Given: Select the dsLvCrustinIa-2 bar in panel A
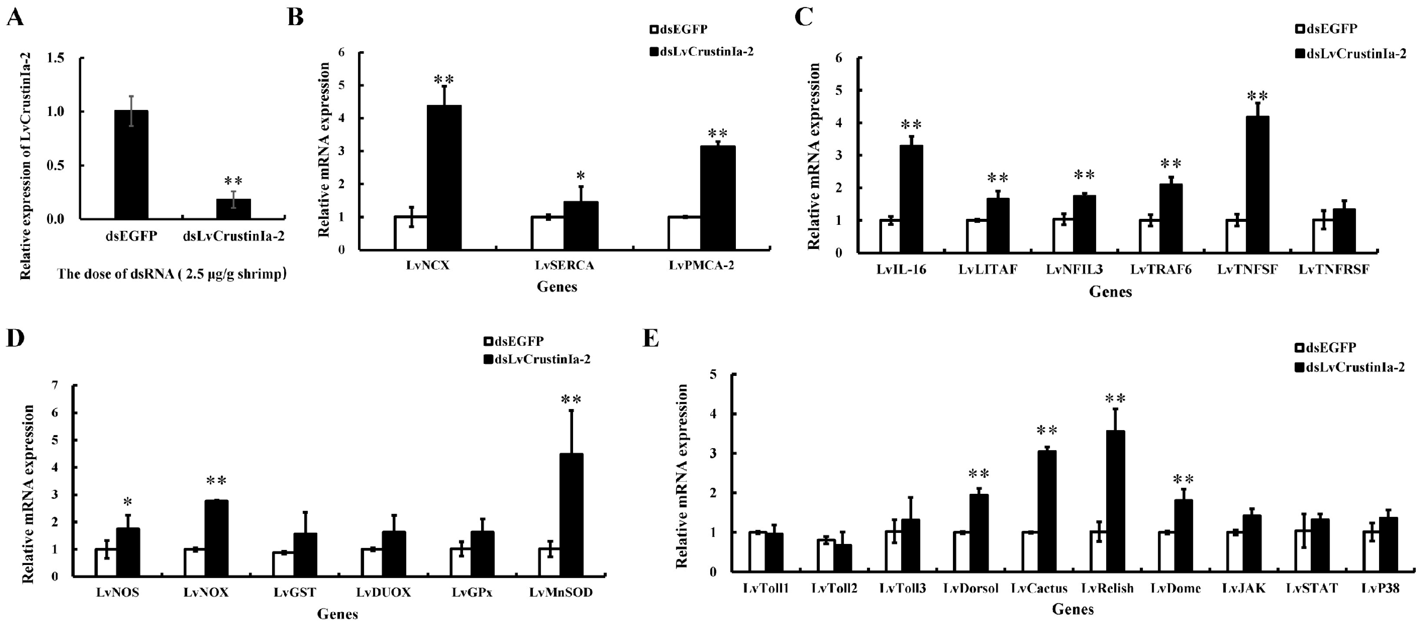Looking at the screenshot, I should point(234,209).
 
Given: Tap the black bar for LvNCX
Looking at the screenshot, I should point(444,177).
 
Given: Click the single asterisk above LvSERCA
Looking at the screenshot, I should point(580,176).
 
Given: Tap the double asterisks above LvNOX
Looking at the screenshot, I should point(216,481).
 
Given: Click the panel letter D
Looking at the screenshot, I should point(15,338).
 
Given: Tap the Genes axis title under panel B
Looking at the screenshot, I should point(557,287).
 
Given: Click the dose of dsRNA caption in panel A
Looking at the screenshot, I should point(171,274).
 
